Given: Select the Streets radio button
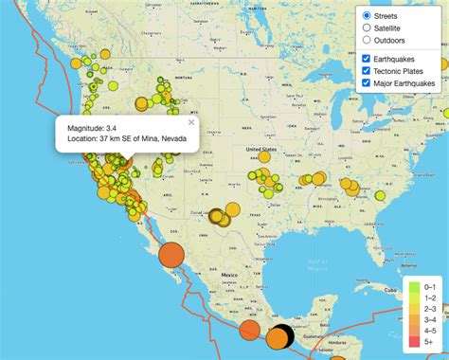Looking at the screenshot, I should [367, 16].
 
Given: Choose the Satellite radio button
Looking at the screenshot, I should [367, 28].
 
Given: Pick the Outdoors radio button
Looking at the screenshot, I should [367, 41].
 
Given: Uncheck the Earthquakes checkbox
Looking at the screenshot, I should [367, 59].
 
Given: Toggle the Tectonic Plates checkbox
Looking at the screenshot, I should [367, 71].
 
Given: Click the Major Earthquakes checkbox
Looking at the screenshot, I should [367, 83].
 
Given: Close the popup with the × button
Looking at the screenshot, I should [190, 122].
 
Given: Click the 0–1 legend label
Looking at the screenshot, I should [429, 286].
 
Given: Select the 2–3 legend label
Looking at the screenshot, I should [429, 308].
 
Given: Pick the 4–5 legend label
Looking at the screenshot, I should [429, 330].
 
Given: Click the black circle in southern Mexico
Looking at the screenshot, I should [281, 335].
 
